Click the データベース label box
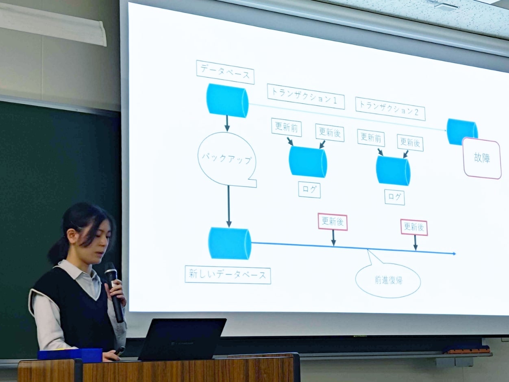225,72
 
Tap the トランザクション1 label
306,96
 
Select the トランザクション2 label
390,109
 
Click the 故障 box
482,158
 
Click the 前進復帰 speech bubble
388,280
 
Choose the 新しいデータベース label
228,275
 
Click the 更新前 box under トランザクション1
286,127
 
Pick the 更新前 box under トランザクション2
371,138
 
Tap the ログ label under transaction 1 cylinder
309,190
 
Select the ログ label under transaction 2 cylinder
394,197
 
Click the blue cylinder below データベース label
227,100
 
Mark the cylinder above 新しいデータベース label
230,243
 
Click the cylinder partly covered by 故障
461,130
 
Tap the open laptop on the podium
182,339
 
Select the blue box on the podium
70,355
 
